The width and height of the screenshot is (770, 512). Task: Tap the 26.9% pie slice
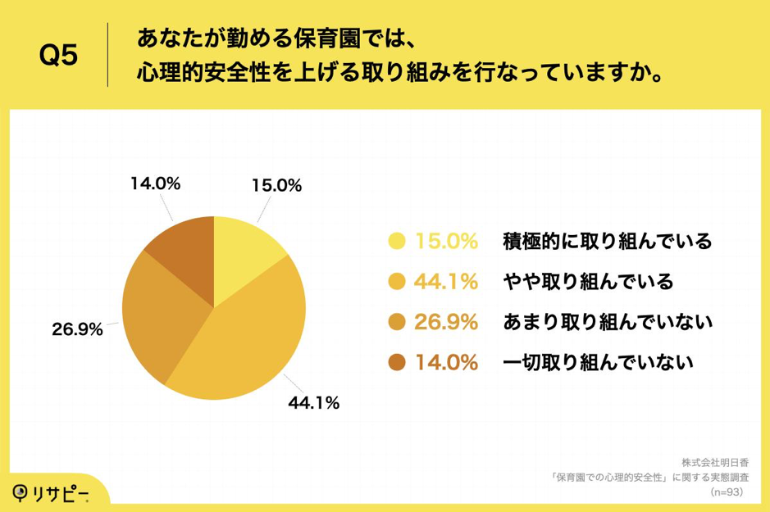click(x=160, y=315)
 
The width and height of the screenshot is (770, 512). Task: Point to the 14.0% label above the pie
click(x=154, y=185)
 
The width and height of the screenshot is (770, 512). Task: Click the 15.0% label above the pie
click(x=276, y=185)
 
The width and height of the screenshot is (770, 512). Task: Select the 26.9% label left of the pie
click(x=78, y=329)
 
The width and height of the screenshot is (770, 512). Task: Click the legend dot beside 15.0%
click(x=397, y=241)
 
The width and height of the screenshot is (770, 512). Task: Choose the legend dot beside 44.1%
click(x=397, y=282)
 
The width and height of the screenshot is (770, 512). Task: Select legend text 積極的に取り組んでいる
click(x=606, y=241)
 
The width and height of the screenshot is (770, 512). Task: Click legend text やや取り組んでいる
click(x=587, y=282)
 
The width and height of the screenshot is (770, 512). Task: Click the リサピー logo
click(x=50, y=492)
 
